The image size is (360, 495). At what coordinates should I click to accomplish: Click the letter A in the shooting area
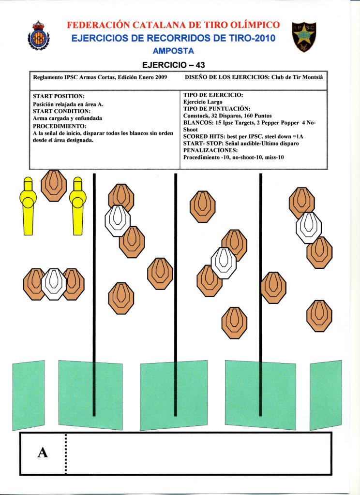(43, 452)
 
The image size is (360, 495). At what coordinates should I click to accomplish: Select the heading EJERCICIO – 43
(176, 65)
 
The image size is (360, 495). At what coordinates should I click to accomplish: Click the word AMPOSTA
(173, 51)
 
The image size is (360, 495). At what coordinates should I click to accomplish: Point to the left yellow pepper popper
(28, 205)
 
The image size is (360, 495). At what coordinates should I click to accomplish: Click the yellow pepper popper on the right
(77, 205)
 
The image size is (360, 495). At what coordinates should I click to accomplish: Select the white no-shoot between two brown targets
(54, 284)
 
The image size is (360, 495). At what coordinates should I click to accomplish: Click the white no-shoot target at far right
(309, 227)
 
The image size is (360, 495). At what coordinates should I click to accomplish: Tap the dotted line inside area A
(65, 452)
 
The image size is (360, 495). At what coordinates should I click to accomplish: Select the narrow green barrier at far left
(28, 394)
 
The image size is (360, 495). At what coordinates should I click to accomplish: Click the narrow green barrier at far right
(325, 394)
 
